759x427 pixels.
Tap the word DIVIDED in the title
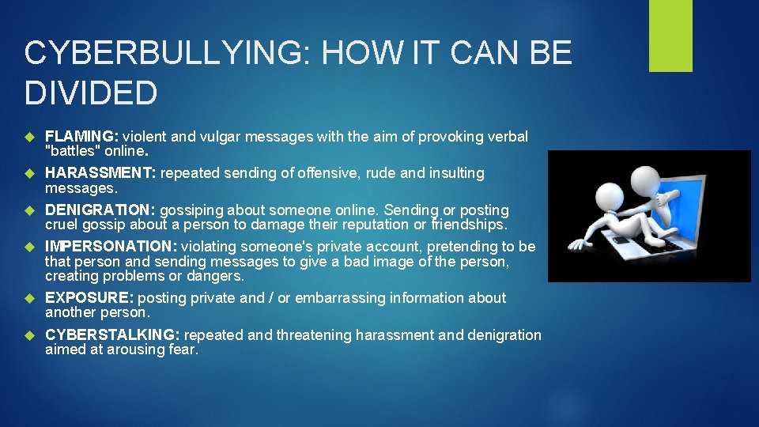[x=91, y=93]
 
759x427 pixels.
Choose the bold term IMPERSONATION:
[x=111, y=247]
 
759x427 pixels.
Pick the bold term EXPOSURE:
[x=89, y=298]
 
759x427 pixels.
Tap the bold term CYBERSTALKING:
[x=113, y=335]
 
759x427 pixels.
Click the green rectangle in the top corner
[x=670, y=36]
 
